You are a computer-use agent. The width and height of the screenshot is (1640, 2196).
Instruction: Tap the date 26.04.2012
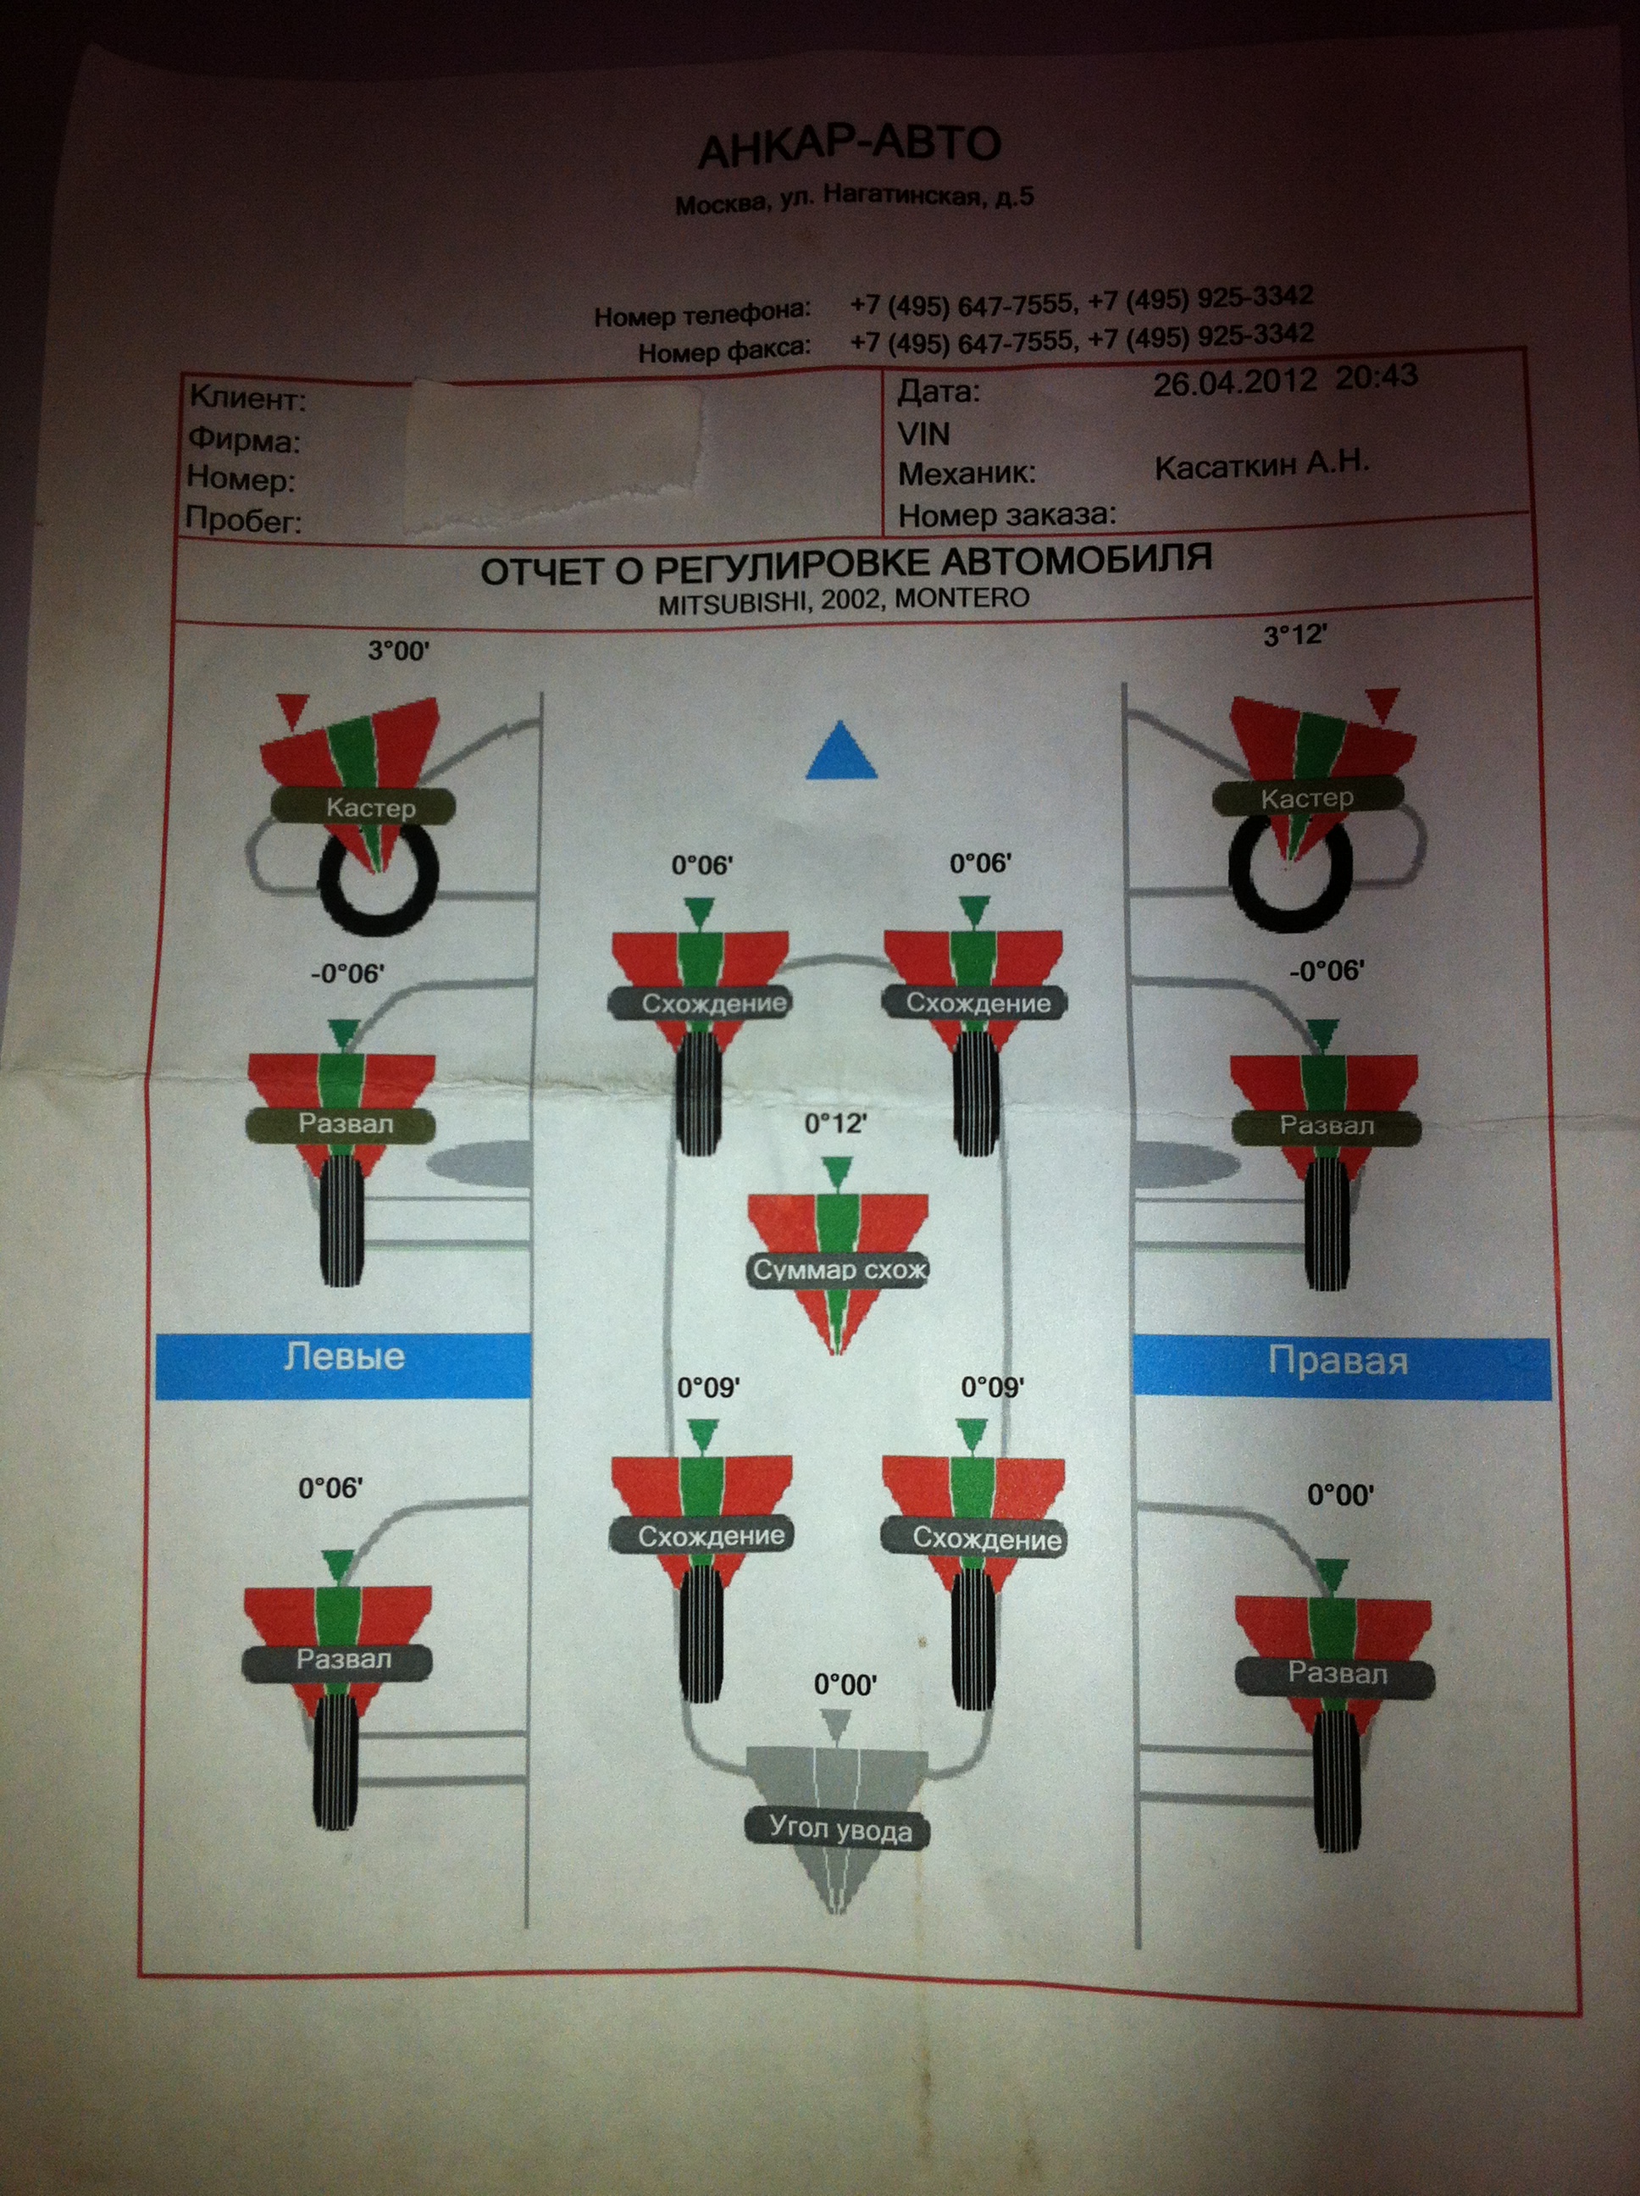(x=1234, y=382)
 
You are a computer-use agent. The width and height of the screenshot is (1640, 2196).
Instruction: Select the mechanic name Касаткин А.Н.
(x=1262, y=464)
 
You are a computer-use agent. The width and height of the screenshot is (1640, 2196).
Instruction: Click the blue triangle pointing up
(x=841, y=750)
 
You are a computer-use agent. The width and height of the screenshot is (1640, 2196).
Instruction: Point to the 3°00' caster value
(x=398, y=652)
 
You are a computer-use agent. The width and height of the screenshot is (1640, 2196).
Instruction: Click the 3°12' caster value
(x=1294, y=635)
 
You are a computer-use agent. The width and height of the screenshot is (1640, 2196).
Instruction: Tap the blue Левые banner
(x=343, y=1365)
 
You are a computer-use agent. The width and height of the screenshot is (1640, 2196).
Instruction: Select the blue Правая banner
(x=1341, y=1368)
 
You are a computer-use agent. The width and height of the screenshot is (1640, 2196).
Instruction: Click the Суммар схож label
(x=839, y=1270)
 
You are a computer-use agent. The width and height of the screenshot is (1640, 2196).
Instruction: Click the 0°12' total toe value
(x=835, y=1123)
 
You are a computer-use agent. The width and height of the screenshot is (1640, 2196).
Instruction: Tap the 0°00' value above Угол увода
(x=845, y=1685)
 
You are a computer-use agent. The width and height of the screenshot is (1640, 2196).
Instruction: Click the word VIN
(x=923, y=434)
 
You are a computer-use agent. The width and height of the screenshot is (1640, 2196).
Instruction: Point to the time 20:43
(x=1376, y=377)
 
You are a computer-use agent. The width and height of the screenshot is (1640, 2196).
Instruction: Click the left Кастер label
(x=369, y=807)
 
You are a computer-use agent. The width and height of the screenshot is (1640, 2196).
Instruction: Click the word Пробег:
(x=243, y=520)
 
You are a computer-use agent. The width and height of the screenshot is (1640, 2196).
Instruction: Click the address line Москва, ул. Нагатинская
(x=854, y=200)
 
